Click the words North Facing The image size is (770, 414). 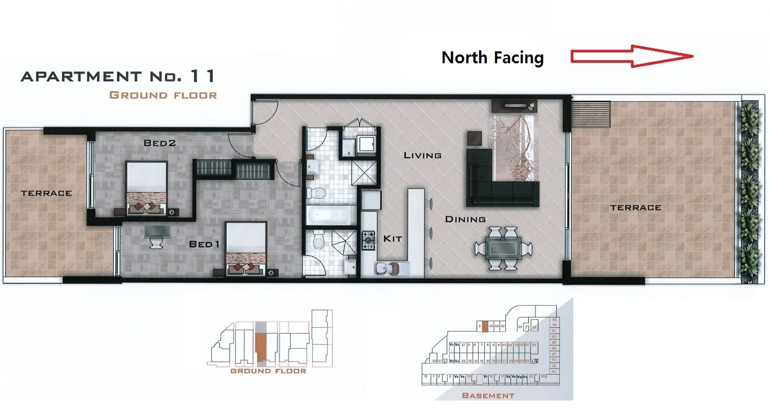point(492,58)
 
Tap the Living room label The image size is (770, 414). point(422,155)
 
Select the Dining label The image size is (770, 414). point(465,219)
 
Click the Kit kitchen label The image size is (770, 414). point(393,239)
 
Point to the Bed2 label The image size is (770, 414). point(160,144)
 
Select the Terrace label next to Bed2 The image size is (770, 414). point(46,193)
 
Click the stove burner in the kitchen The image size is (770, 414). point(368,239)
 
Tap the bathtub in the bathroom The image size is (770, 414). point(331,215)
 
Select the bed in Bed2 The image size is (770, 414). point(146,184)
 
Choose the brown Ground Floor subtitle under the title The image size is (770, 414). point(163,95)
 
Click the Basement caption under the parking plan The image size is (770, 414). point(488,395)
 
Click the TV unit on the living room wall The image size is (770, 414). point(515,106)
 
